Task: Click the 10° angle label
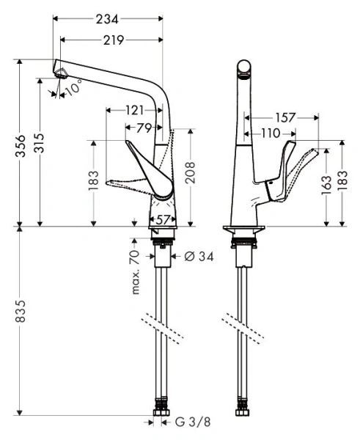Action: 73,89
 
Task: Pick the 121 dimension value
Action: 133,110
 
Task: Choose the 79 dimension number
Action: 144,128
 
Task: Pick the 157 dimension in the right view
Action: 285,117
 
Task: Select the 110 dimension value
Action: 271,133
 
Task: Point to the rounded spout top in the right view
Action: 243,70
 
